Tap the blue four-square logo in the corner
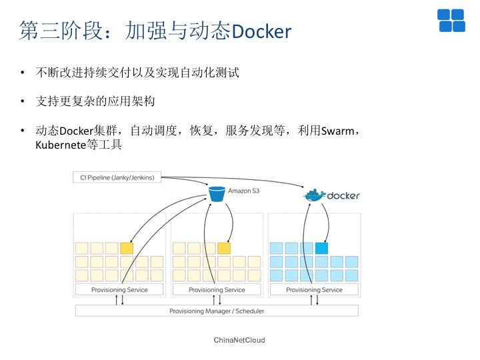click(451, 21)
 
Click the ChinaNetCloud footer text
click(239, 340)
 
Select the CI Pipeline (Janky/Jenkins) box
click(117, 177)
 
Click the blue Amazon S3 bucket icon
click(217, 194)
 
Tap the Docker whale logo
click(315, 195)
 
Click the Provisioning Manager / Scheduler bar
click(217, 311)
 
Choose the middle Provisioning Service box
click(217, 290)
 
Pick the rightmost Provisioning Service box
click(314, 290)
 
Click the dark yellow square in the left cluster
click(127, 248)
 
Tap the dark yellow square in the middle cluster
click(224, 248)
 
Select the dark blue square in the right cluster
click(322, 248)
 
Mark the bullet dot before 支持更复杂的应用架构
click(23, 101)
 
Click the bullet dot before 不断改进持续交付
click(23, 73)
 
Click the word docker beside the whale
click(343, 195)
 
